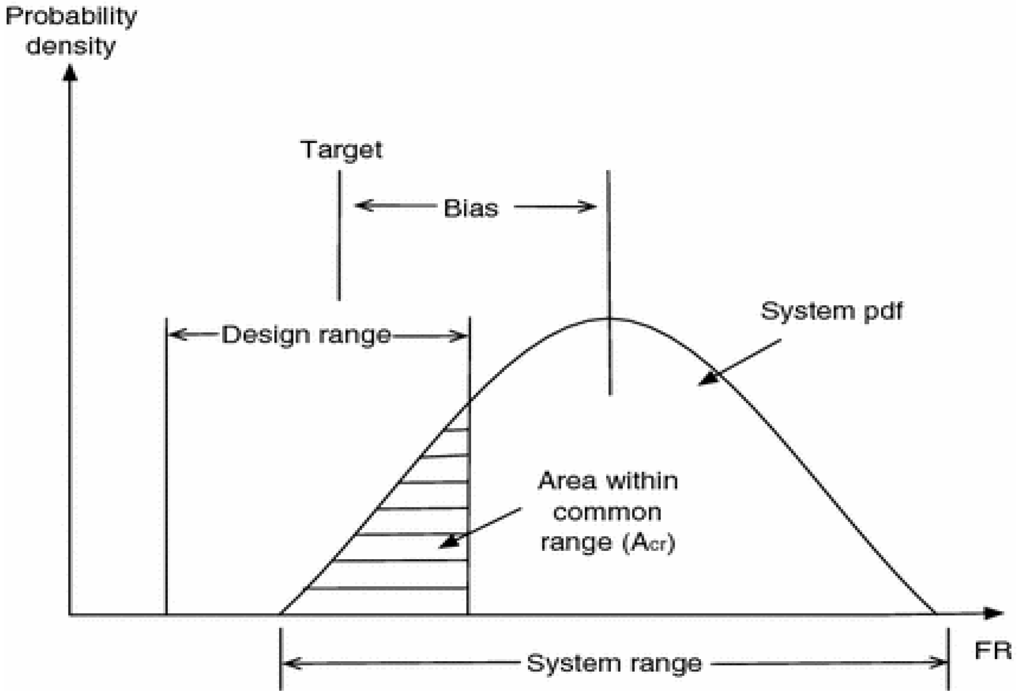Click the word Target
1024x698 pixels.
[341, 150]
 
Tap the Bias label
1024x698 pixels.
[471, 208]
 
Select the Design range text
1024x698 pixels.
[306, 335]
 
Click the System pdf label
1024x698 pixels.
[831, 311]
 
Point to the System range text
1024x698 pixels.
[614, 663]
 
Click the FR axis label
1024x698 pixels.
[992, 651]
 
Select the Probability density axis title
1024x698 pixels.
[71, 31]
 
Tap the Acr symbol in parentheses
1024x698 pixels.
[649, 543]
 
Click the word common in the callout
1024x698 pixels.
[607, 512]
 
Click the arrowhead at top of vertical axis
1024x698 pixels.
[70, 73]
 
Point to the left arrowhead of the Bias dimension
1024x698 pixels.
[362, 205]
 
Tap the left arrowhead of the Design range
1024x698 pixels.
[176, 335]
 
